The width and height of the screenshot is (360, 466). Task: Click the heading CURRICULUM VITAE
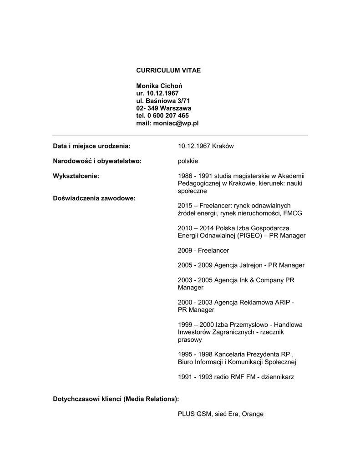click(168, 71)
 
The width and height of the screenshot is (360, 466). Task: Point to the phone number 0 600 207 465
click(168, 116)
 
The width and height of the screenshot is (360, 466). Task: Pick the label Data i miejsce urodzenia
click(92, 146)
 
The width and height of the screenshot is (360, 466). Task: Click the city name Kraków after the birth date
click(223, 146)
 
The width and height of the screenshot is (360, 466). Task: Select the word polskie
click(188, 161)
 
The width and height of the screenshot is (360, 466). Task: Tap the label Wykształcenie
click(76, 176)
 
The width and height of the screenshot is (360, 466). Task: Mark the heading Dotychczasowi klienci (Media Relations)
click(116, 399)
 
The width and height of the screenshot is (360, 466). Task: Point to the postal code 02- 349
click(147, 108)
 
